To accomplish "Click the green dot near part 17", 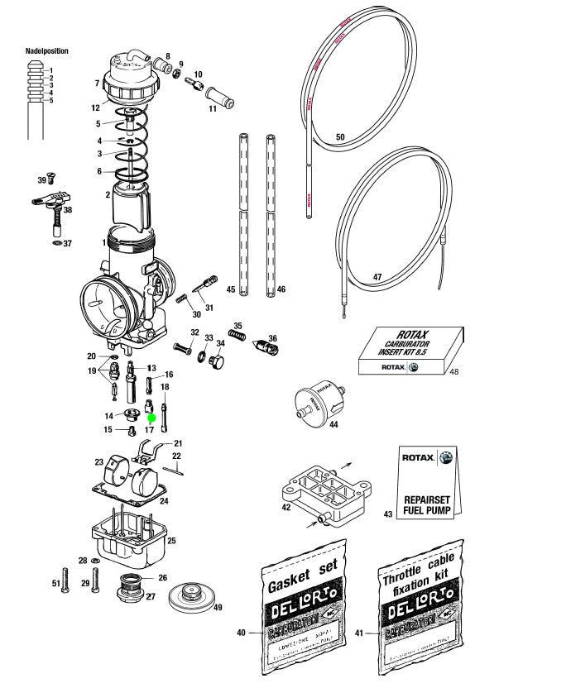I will click(x=152, y=419).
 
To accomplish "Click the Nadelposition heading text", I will click(x=47, y=51).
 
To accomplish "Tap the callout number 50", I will click(x=339, y=137).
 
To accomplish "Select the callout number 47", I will click(x=377, y=278).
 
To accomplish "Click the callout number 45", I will click(x=231, y=290).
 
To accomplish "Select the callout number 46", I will click(x=281, y=290).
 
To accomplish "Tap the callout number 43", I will click(x=388, y=514).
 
